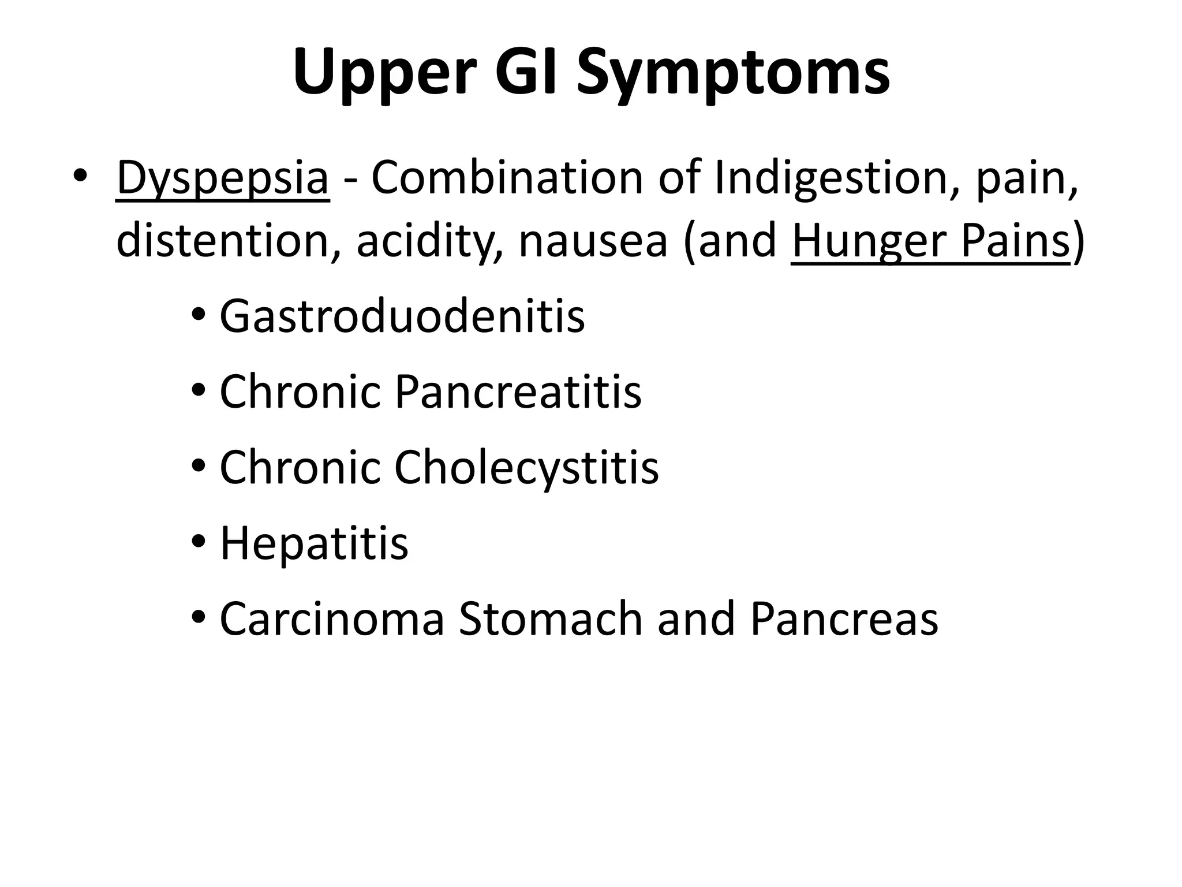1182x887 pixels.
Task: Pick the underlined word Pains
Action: [1016, 241]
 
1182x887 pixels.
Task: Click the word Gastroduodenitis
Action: [402, 316]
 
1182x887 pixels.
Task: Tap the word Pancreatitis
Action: [518, 392]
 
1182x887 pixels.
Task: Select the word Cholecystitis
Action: [526, 468]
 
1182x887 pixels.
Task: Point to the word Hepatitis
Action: [314, 544]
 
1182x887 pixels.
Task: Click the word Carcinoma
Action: [332, 619]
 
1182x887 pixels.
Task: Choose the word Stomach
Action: [551, 619]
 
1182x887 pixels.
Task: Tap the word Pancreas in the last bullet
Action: [844, 619]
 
